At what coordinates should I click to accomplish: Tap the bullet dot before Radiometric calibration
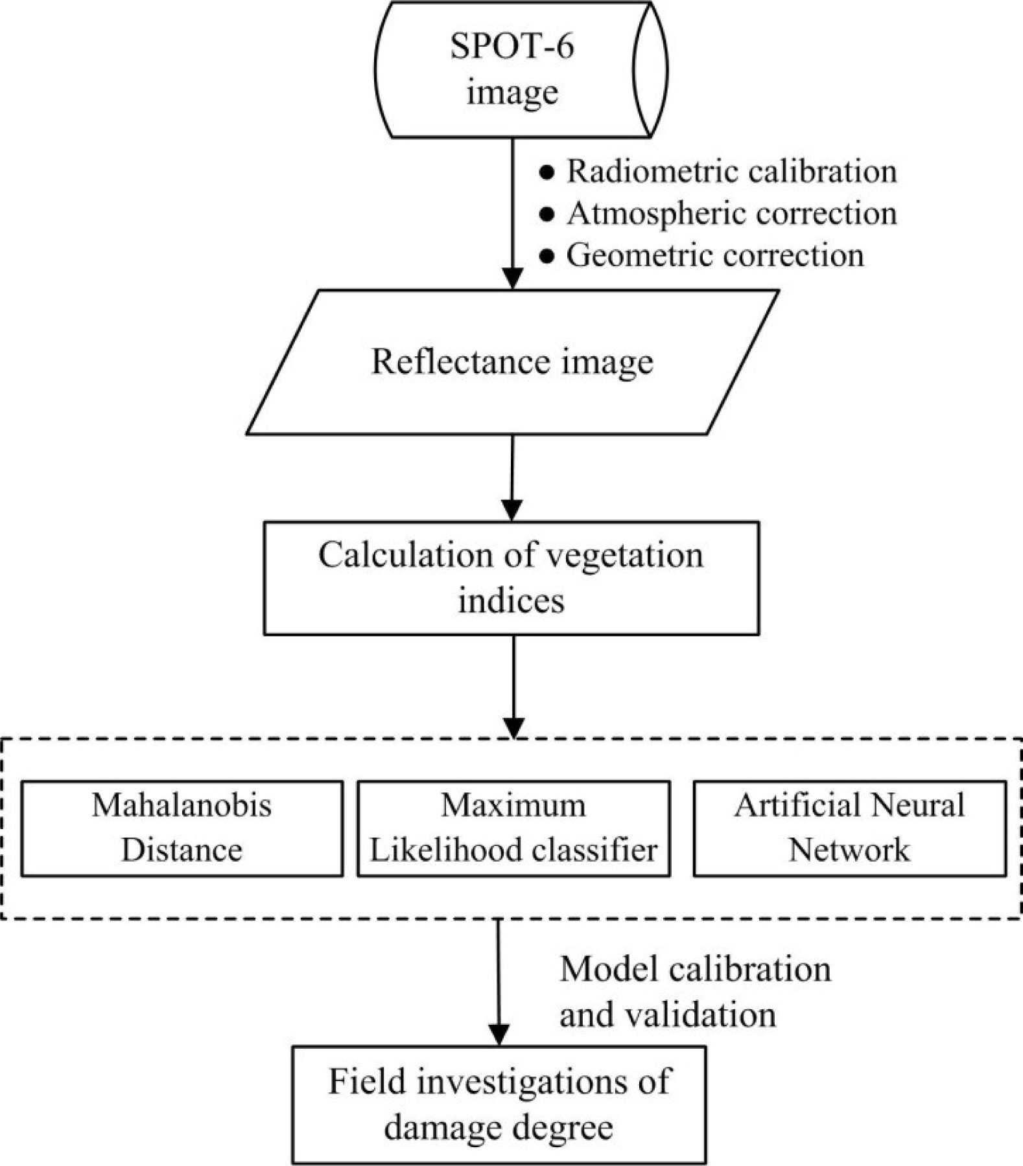[548, 173]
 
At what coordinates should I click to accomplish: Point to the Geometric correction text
[714, 255]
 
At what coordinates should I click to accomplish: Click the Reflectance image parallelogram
[512, 361]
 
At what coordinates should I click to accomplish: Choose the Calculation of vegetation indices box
[511, 578]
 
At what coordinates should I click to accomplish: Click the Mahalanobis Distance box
[182, 828]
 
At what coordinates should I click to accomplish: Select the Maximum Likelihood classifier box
[513, 828]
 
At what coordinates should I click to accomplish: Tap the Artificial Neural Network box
[849, 828]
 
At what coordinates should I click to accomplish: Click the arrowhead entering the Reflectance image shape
[513, 279]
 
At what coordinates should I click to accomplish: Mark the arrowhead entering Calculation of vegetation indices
[512, 510]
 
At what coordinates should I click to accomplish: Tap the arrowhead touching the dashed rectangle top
[513, 727]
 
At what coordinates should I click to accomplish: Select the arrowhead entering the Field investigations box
[498, 1034]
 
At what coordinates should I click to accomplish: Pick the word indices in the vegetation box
[511, 600]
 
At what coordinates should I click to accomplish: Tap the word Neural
[917, 806]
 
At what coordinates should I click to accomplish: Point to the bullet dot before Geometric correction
[548, 257]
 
